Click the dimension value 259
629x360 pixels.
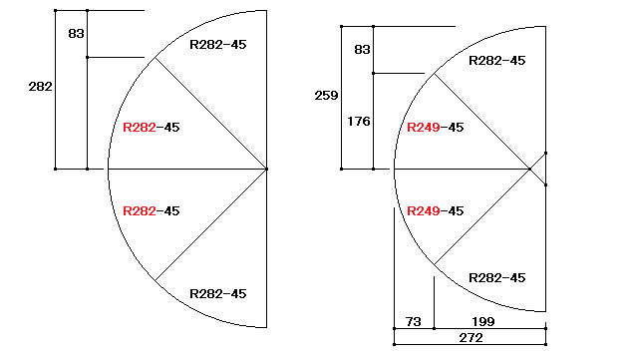pyautogui.click(x=326, y=96)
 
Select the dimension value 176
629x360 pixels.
pyautogui.click(x=359, y=122)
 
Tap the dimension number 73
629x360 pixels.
pyautogui.click(x=413, y=321)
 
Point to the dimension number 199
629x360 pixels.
pyautogui.click(x=483, y=321)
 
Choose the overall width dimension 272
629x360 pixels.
pyautogui.click(x=471, y=338)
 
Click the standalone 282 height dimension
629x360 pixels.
pyautogui.click(x=40, y=87)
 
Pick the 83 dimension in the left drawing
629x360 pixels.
pyautogui.click(x=76, y=33)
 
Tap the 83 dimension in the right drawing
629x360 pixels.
pyautogui.click(x=362, y=50)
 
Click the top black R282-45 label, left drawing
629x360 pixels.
pyautogui.click(x=218, y=44)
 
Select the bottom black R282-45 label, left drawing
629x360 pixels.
pyautogui.click(x=218, y=294)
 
